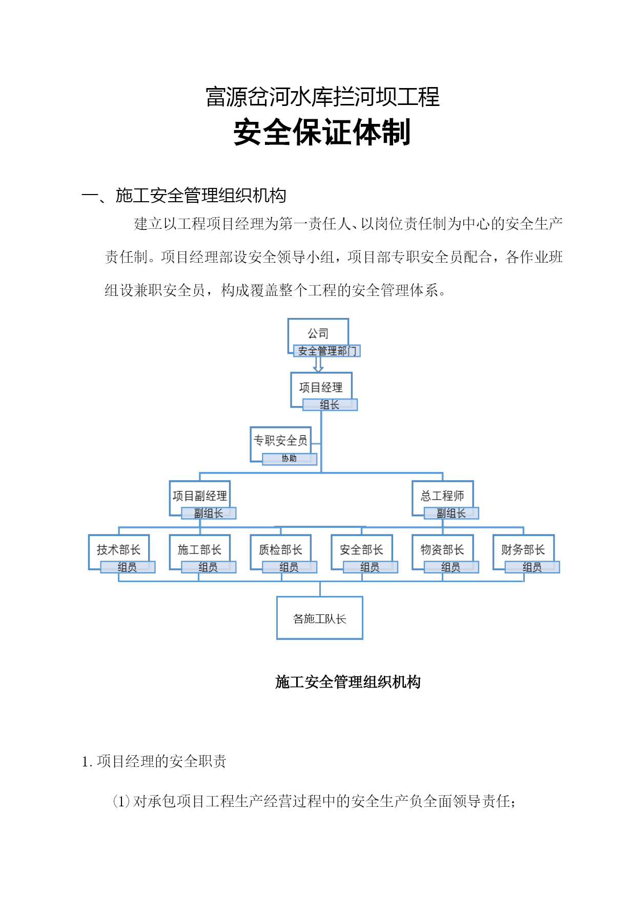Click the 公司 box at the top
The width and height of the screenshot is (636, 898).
pos(318,333)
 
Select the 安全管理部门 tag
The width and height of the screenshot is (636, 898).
pos(327,351)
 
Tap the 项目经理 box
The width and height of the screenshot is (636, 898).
pos(321,388)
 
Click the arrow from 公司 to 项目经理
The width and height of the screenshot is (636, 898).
pos(318,364)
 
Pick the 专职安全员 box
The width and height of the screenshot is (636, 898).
pos(281,441)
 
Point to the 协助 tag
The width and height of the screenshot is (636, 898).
pos(290,459)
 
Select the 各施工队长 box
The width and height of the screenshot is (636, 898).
pos(320,618)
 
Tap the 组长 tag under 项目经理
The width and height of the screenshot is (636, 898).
pos(330,405)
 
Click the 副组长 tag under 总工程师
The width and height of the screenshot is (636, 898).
pos(452,513)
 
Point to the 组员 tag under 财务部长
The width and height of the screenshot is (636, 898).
pos(532,567)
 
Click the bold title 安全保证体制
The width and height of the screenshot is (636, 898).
pos(322,133)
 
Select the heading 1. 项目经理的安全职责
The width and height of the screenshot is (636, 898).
pos(154,761)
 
